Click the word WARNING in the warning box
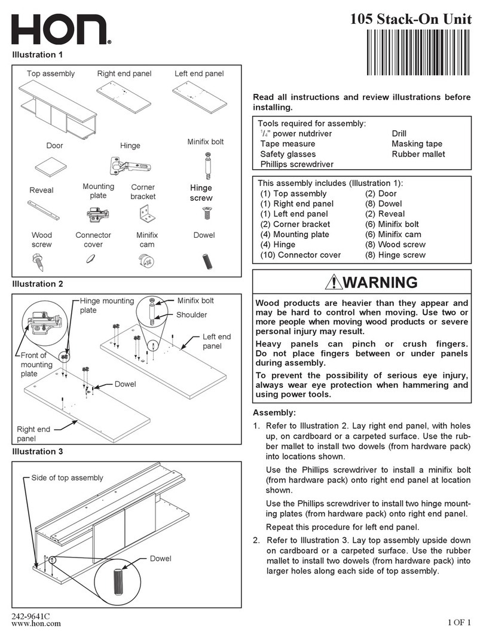(x=371, y=283)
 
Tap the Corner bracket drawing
(x=144, y=212)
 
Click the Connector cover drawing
(x=91, y=258)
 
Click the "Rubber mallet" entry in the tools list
(x=418, y=154)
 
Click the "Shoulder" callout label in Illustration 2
(x=191, y=315)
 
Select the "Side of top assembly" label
(x=67, y=477)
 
